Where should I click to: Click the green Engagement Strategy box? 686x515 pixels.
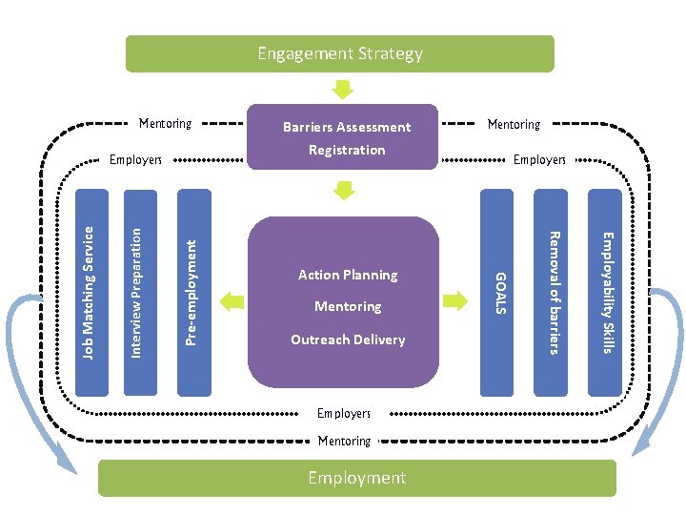(339, 54)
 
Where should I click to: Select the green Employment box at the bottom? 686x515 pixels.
(356, 478)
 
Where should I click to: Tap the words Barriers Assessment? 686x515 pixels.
(347, 127)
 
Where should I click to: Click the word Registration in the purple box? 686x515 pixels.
(347, 150)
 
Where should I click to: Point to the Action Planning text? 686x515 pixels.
(348, 275)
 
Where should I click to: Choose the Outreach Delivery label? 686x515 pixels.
(348, 340)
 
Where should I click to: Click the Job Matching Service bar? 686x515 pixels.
(89, 292)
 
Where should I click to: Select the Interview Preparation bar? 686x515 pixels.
(137, 292)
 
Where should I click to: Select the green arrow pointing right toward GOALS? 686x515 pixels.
(456, 301)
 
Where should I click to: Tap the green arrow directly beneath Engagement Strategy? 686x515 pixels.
(343, 89)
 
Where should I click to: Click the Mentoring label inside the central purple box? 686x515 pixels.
(348, 306)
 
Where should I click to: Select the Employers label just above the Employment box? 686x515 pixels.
(344, 414)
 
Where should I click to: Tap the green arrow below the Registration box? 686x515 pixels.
(343, 190)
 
